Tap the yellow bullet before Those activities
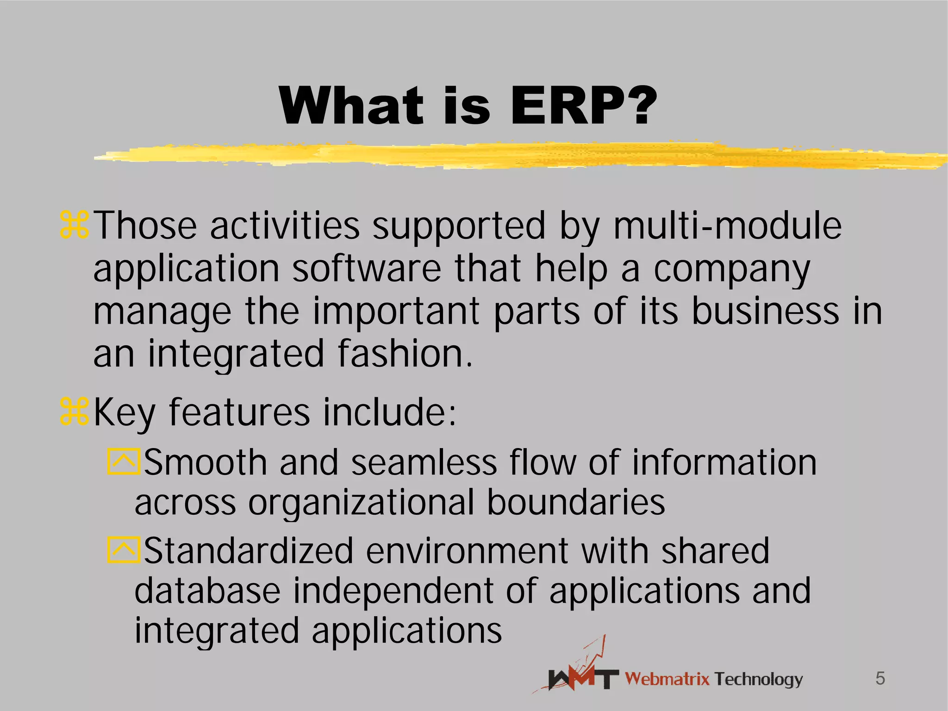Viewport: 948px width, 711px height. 74,225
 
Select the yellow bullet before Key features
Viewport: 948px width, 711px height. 74,412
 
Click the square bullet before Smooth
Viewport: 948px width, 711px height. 124,461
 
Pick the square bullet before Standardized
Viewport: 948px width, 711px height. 124,550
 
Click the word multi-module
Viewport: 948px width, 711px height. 727,226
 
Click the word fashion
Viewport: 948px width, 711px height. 405,354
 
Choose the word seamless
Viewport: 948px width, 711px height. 424,463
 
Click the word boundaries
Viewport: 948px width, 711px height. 576,503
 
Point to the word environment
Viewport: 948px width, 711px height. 468,551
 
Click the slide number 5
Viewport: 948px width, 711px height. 880,679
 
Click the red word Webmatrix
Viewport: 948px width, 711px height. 667,679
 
